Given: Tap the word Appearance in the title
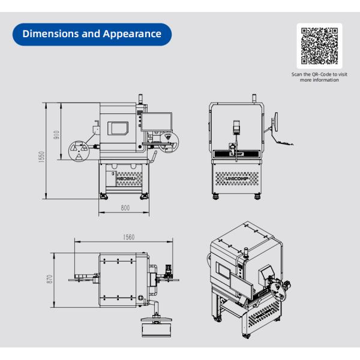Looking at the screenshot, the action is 132,34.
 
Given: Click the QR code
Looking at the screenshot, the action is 319,46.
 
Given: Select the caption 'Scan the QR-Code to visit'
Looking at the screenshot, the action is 319,74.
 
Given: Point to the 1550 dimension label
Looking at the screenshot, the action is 41,157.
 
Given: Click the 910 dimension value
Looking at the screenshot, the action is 56,135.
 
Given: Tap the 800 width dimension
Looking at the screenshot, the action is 125,208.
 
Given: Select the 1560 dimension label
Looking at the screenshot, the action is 128,237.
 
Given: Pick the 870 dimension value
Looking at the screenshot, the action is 49,279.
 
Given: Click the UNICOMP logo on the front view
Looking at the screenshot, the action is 237,179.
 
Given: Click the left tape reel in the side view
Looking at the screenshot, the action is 79,151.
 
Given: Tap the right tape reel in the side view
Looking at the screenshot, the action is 169,142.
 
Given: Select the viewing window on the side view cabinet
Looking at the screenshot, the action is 118,128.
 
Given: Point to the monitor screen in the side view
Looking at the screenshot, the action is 157,122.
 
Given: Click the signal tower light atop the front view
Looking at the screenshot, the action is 254,99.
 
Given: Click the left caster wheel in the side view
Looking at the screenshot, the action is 103,197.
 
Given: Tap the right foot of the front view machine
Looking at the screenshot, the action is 257,197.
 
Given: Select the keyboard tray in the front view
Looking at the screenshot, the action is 284,143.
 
